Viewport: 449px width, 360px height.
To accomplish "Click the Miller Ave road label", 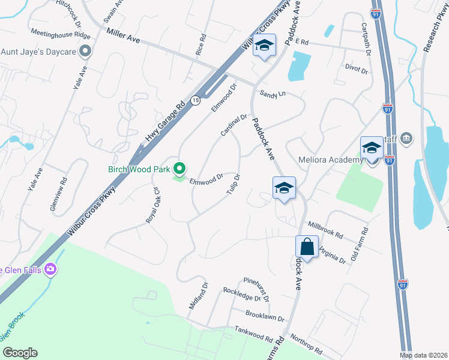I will (123, 35).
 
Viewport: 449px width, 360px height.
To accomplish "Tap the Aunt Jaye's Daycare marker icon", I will (85, 52).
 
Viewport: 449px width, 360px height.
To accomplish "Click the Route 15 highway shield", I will (196, 100).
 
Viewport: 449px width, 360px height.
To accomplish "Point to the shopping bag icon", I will (307, 247).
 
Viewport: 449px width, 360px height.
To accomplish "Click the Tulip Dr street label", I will (233, 184).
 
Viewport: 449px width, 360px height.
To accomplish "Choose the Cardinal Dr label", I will (234, 125).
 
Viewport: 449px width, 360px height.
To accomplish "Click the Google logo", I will (19, 352).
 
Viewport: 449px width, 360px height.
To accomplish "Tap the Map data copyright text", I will (424, 355).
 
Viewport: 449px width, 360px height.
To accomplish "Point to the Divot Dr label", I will (356, 70).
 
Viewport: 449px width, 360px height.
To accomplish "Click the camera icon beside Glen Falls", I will (50, 269).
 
